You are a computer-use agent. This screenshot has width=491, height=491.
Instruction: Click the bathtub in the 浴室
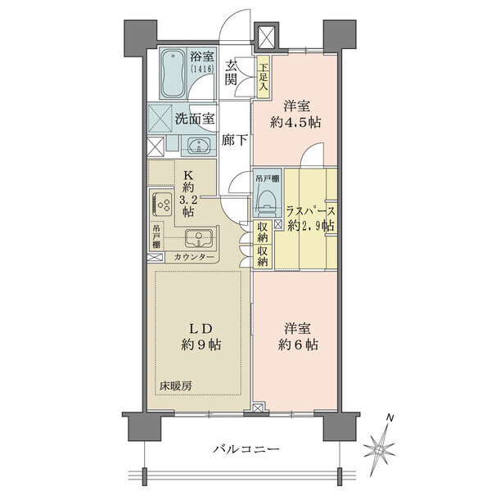pyautogui.click(x=173, y=74)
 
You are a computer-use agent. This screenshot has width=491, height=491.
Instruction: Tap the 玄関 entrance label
pyautogui.click(x=231, y=73)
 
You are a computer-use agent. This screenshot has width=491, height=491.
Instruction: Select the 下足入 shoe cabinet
pyautogui.click(x=264, y=77)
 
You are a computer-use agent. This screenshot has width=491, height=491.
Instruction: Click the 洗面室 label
pyautogui.click(x=195, y=119)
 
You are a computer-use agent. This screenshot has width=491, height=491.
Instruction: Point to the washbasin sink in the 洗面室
pyautogui.click(x=199, y=146)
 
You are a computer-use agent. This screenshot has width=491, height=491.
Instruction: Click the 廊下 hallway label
pyautogui.click(x=235, y=140)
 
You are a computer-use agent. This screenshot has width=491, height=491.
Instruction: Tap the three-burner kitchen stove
pyautogui.click(x=163, y=205)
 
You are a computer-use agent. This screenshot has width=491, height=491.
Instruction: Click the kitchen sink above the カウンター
pyautogui.click(x=198, y=239)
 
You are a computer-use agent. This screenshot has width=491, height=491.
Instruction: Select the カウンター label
pyautogui.click(x=194, y=257)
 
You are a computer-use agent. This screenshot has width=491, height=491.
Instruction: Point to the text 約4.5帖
pyautogui.click(x=295, y=123)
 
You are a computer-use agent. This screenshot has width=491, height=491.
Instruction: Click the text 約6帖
pyautogui.click(x=298, y=345)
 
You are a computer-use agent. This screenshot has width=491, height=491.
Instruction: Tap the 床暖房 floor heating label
pyautogui.click(x=175, y=386)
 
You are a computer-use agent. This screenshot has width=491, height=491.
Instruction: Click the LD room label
pyautogui.click(x=200, y=329)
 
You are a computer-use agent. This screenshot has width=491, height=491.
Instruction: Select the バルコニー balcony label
pyautogui.click(x=246, y=449)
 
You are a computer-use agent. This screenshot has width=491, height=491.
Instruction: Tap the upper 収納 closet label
pyautogui.click(x=263, y=231)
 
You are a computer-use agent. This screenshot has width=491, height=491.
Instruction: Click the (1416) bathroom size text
pyautogui.click(x=203, y=68)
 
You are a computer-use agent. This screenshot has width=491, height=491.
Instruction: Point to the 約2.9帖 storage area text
pyautogui.click(x=311, y=226)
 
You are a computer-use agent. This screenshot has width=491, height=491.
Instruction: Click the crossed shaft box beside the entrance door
pyautogui.click(x=266, y=37)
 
